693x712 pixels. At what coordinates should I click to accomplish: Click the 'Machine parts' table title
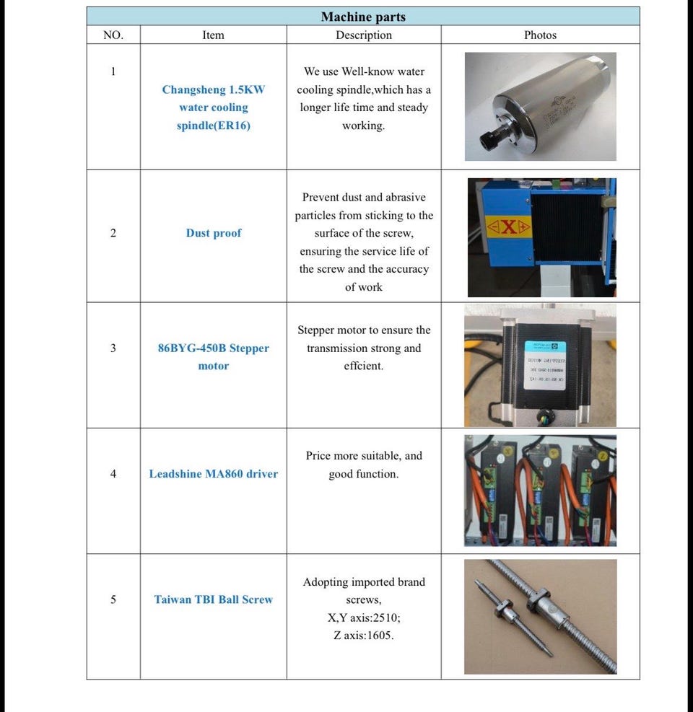(363, 17)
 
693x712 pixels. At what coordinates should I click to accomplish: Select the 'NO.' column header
(113, 35)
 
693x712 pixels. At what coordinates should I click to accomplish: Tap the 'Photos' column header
(540, 35)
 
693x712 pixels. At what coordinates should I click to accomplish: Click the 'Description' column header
(364, 35)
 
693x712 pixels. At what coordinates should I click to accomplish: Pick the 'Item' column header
(214, 35)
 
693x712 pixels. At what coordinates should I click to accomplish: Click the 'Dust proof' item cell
(214, 233)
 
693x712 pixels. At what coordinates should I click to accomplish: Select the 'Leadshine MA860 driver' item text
(214, 474)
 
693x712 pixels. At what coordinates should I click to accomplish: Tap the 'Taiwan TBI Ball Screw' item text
(214, 599)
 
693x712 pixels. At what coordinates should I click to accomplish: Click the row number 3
(113, 348)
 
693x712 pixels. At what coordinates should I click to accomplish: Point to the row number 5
(113, 599)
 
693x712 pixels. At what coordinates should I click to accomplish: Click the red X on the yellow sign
(509, 228)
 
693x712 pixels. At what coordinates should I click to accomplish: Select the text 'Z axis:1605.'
(364, 635)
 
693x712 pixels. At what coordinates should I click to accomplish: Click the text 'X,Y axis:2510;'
(364, 617)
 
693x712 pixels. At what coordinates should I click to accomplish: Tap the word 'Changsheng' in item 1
(193, 90)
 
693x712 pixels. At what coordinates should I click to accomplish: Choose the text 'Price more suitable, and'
(364, 456)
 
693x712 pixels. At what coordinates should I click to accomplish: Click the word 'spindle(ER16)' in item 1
(214, 126)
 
